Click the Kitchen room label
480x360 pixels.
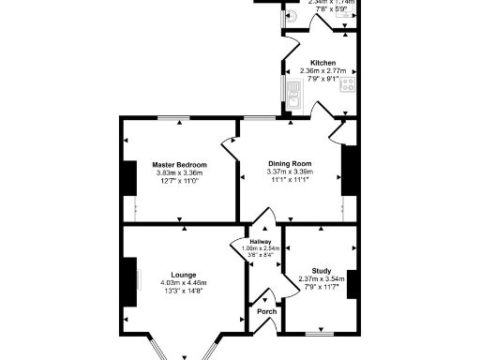pos(322,64)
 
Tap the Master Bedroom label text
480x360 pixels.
pos(179,165)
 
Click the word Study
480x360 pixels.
pos(322,271)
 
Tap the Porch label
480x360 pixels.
pos(267,311)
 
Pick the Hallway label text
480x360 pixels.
pos(261,241)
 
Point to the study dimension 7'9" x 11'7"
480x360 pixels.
pos(322,286)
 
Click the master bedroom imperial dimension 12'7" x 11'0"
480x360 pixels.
pos(179,180)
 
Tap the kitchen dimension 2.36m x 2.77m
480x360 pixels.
pos(322,71)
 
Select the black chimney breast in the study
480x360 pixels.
pos(352,283)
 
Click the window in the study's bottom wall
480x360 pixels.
pos(321,333)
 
